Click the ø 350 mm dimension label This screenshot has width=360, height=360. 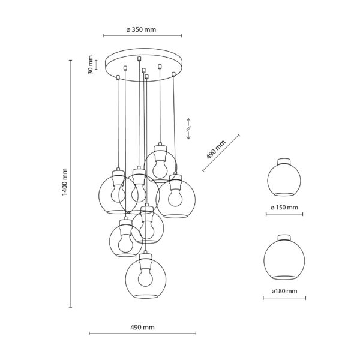tap(141, 29)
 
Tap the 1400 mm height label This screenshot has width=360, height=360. tap(65, 182)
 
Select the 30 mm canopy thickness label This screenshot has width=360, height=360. tap(91, 65)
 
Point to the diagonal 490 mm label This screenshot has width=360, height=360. tap(215, 149)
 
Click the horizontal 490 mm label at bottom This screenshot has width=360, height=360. tap(142, 328)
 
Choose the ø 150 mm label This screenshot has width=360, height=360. tap(284, 208)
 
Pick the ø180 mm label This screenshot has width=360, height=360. tap(284, 291)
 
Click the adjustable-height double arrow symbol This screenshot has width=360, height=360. tap(188, 129)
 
